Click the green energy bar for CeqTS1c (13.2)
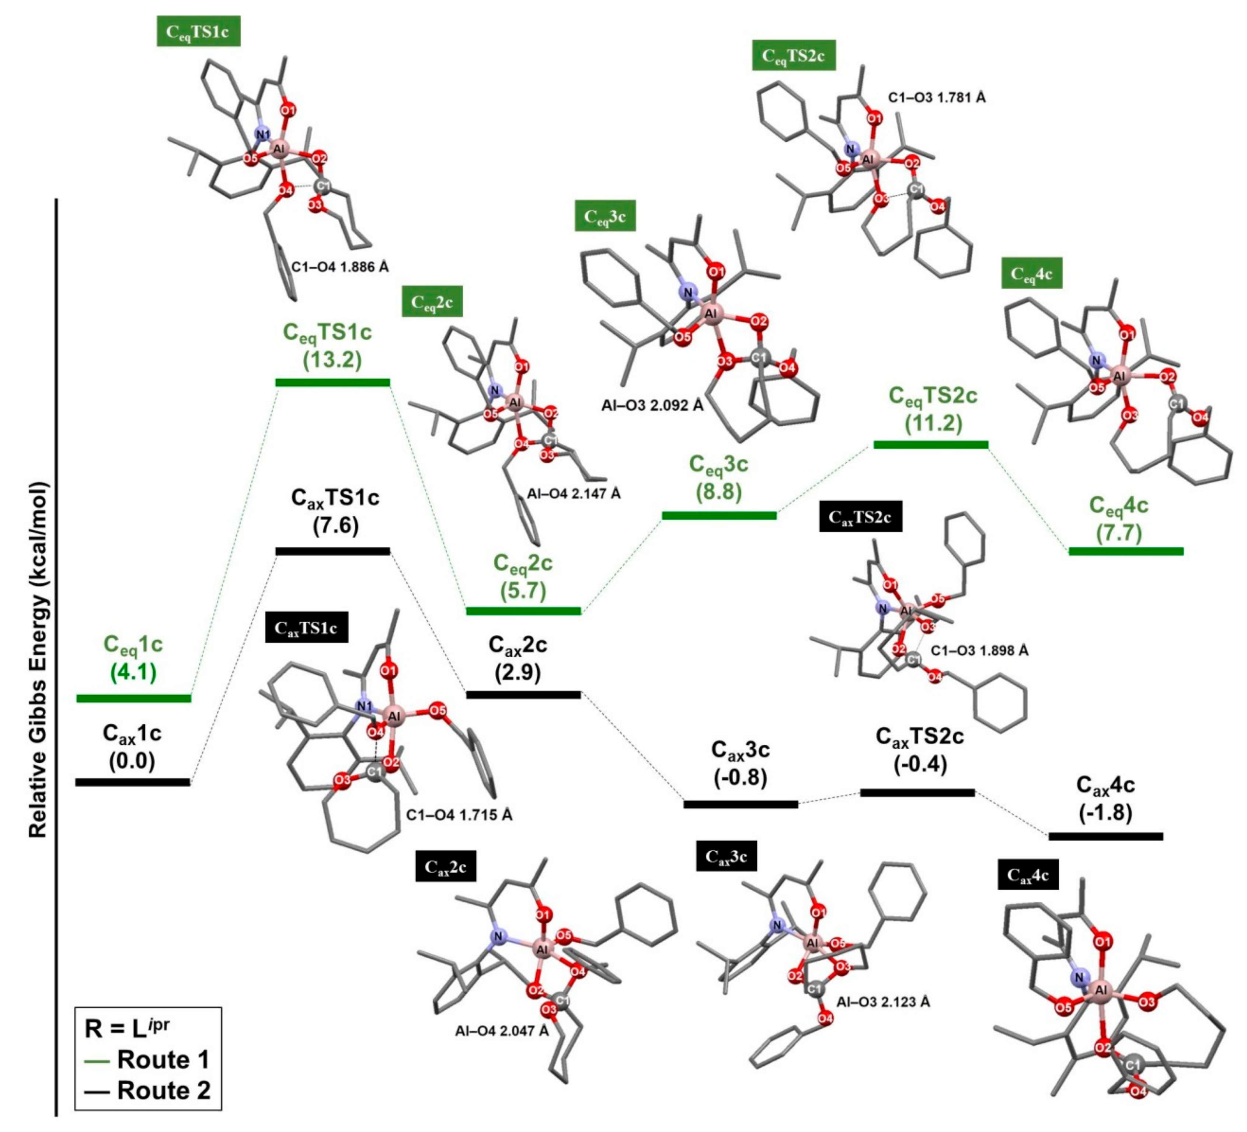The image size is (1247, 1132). tap(333, 382)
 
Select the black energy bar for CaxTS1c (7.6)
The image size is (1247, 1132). tap(333, 551)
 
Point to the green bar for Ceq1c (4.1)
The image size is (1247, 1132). tap(133, 698)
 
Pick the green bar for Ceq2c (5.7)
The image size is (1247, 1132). tap(523, 611)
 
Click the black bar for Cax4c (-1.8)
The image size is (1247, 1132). tap(1106, 836)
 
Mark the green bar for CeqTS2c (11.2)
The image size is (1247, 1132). tap(931, 444)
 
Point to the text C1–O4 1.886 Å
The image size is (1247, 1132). tap(340, 267)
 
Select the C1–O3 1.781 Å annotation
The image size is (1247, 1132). tap(937, 98)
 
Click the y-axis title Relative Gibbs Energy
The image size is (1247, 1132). tap(38, 659)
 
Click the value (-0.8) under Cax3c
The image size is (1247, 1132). tap(741, 778)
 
